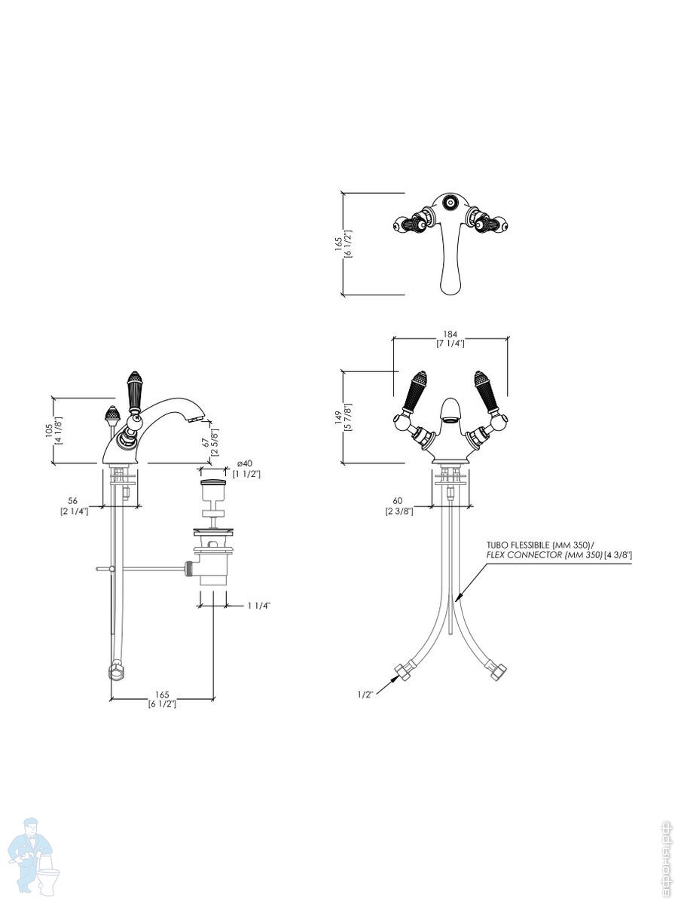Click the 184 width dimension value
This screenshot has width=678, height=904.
point(450,334)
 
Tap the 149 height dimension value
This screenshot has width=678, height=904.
point(338,417)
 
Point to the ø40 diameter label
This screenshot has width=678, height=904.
point(244,463)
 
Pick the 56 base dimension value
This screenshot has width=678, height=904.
point(73,500)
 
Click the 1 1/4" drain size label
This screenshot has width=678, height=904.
point(258,605)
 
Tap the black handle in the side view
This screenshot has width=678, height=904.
point(136,391)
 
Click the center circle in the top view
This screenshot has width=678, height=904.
point(450,202)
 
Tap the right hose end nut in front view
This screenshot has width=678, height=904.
point(497,671)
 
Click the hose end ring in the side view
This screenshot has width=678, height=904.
point(115,670)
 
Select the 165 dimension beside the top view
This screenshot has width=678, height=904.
point(338,243)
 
